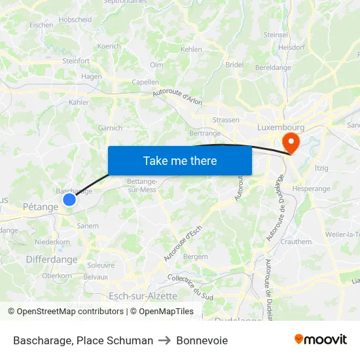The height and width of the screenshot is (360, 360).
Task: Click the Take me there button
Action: (180, 160)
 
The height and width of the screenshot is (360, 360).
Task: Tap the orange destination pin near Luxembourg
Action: (289, 142)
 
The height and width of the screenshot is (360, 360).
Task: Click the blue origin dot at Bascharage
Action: (69, 200)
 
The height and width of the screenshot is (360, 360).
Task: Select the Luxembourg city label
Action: (281, 127)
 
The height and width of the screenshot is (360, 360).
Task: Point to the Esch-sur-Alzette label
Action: (143, 296)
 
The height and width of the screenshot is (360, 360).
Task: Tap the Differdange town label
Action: (52, 260)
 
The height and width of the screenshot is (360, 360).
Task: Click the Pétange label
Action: (40, 206)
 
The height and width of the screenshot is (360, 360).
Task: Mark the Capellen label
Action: (145, 82)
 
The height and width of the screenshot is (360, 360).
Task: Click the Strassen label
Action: (226, 120)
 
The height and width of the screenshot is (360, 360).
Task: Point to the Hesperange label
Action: (312, 189)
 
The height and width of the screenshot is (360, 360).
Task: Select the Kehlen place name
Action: (191, 49)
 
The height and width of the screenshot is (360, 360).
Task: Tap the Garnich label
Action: (109, 128)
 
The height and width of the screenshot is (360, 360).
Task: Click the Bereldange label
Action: (273, 67)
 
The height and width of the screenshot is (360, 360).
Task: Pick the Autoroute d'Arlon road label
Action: (177, 96)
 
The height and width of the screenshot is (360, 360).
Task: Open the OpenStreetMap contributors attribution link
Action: (70, 312)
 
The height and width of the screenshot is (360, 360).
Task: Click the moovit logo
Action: (321, 339)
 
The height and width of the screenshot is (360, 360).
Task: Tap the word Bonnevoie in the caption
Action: (202, 340)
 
